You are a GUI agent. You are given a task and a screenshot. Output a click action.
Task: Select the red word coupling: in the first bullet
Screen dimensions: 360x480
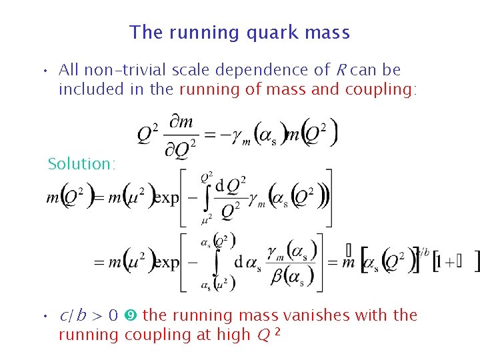tap(381, 89)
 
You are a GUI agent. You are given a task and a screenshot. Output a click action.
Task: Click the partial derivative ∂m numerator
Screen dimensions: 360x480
tap(181, 122)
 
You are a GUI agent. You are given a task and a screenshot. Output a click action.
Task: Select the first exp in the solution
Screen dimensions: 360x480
tap(166, 199)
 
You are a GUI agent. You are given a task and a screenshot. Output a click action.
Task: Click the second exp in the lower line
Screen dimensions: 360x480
tap(166, 263)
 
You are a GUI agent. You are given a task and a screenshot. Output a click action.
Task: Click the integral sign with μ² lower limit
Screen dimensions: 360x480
tap(207, 199)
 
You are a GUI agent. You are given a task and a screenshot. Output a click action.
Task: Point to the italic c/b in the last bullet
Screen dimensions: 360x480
tap(74, 315)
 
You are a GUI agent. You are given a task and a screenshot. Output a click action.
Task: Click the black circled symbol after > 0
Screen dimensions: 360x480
tap(131, 315)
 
